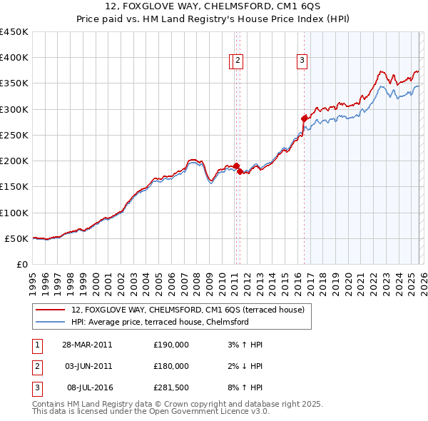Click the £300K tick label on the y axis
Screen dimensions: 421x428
(x=14, y=109)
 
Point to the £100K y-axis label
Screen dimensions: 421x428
(x=14, y=213)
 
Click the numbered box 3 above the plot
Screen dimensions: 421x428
(x=302, y=61)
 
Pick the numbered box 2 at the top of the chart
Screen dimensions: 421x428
(x=238, y=61)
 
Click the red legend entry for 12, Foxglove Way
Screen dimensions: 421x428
(x=188, y=310)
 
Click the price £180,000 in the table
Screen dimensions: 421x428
(x=171, y=366)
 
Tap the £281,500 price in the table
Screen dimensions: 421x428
(x=171, y=387)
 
